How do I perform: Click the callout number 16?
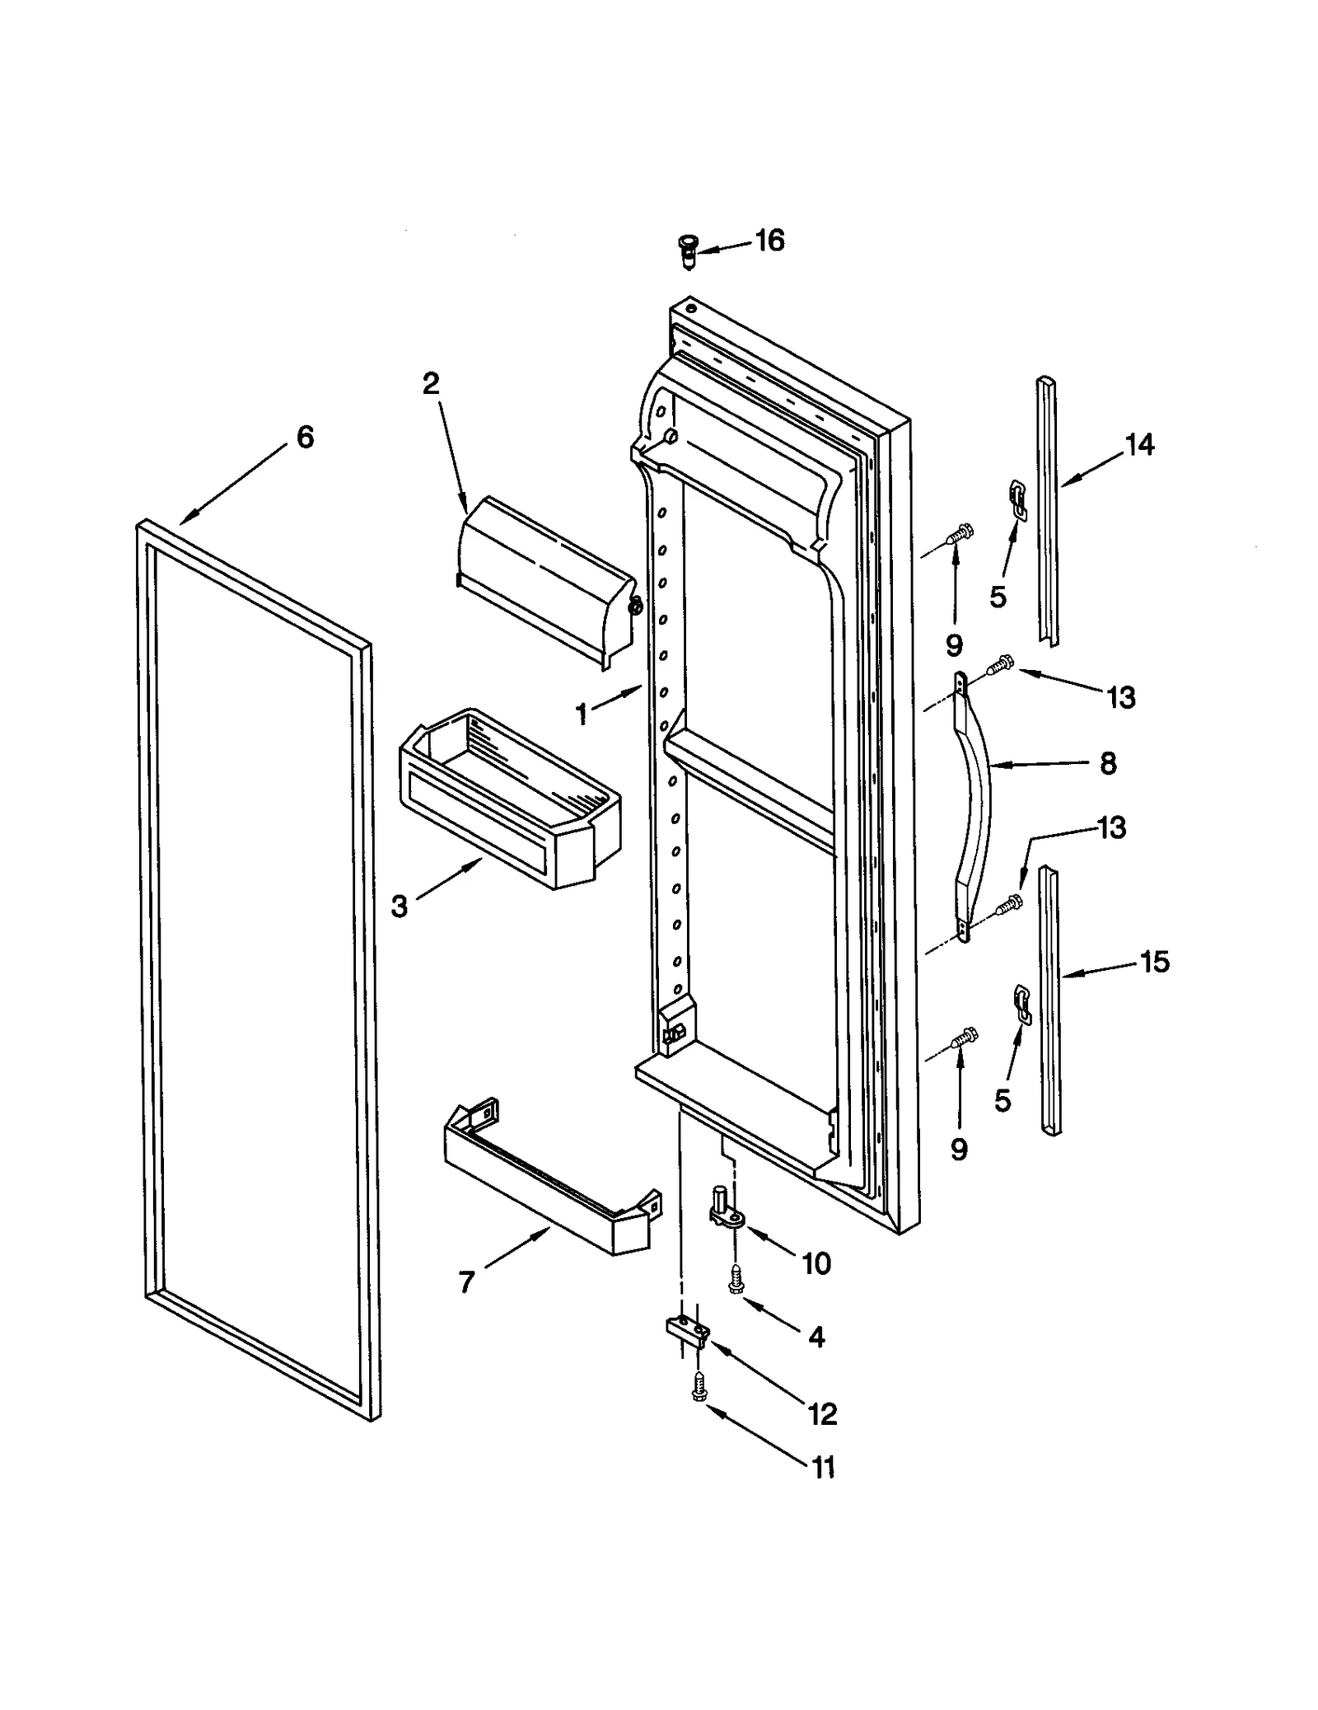(x=769, y=241)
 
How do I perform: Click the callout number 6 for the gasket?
(x=305, y=437)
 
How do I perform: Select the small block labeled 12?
(x=685, y=1332)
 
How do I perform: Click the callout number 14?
(x=1140, y=445)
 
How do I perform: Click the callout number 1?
(x=582, y=714)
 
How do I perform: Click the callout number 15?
(x=1155, y=962)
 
